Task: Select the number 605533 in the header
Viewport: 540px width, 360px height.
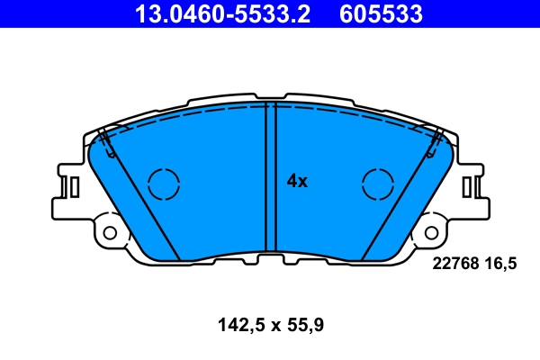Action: coord(379,14)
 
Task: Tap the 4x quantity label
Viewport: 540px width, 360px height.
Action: coord(297,181)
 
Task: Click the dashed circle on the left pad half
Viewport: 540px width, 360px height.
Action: coord(165,184)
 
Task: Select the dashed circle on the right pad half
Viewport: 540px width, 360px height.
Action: coord(378,184)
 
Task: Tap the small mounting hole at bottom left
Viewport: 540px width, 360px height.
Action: coord(111,232)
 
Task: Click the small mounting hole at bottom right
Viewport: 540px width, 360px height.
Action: coord(430,232)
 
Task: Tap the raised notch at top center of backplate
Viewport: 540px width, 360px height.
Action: coord(269,94)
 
